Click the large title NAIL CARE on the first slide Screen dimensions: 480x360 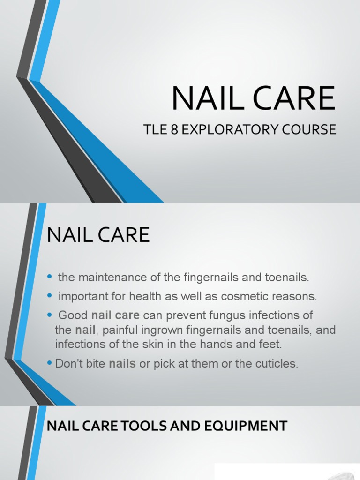[x=253, y=98]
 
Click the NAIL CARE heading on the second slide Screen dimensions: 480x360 [x=98, y=234]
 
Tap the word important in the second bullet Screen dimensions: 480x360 [x=80, y=296]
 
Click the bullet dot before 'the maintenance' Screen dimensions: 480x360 [x=50, y=278]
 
